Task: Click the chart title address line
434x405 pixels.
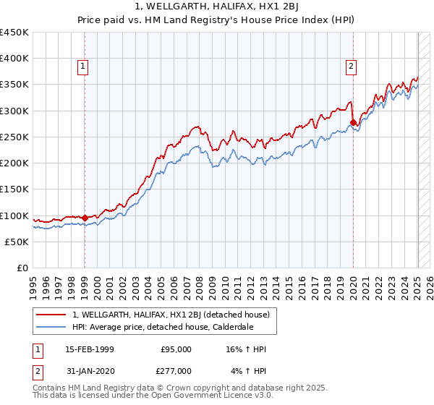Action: point(216,7)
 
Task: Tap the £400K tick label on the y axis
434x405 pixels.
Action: point(14,59)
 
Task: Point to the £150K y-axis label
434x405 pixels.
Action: point(14,189)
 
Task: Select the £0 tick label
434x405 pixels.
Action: point(22,268)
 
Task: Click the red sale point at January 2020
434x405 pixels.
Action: point(353,122)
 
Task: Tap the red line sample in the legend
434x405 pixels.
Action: point(52,315)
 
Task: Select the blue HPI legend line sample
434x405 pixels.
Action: point(52,327)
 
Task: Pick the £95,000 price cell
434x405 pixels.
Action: point(176,349)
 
